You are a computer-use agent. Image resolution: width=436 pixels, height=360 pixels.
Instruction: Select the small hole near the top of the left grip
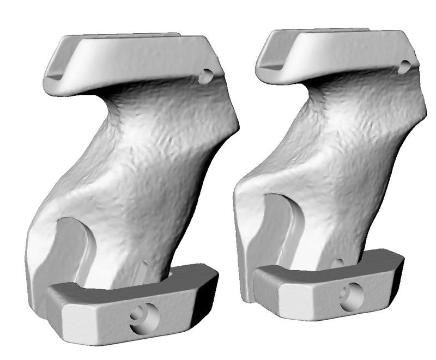205,76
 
